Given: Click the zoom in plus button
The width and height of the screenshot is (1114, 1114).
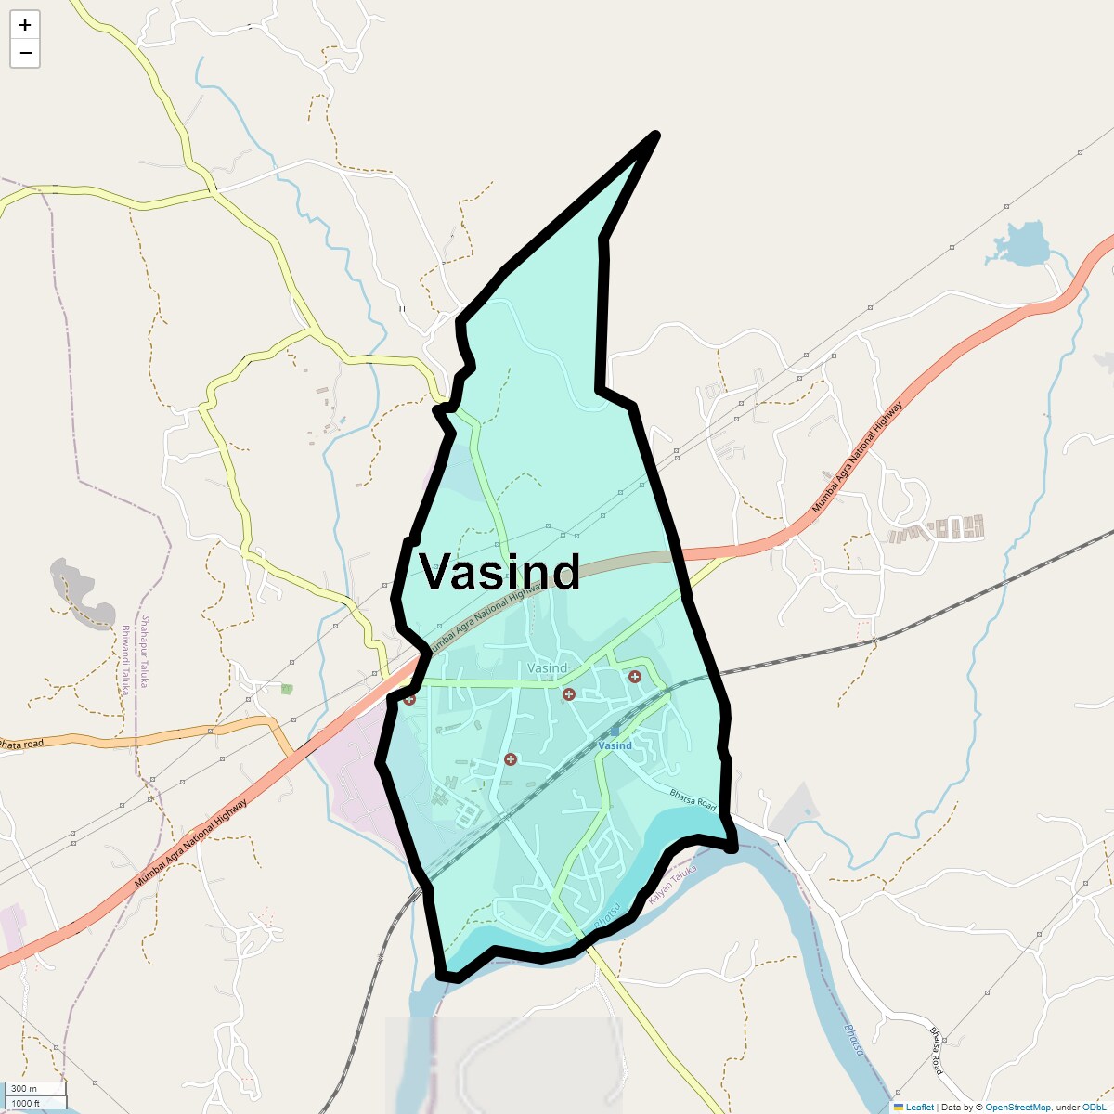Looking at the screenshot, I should coord(25,25).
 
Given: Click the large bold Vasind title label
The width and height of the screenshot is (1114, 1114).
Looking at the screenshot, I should coord(499,571).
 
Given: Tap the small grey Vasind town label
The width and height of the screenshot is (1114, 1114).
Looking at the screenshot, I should coord(547,667).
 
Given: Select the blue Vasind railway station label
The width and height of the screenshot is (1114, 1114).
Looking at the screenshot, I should coord(615,745).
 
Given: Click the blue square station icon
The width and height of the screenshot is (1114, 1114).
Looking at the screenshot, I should coord(614,732).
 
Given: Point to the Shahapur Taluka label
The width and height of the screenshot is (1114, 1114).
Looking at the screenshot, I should coord(146,650).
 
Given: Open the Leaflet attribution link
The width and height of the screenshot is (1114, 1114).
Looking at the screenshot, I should coord(919,1107).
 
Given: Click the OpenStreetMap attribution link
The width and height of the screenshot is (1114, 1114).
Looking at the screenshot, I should coord(1017,1107).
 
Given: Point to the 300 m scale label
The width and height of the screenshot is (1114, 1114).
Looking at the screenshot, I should coord(25,1089).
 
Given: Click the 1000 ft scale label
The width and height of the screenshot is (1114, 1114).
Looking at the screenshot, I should coord(26,1103).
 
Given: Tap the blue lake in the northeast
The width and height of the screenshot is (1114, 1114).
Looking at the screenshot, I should coord(1021,244).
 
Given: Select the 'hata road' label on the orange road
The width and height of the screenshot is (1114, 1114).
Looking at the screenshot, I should coord(20,744).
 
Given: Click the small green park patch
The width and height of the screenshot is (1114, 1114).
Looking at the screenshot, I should coord(287,689).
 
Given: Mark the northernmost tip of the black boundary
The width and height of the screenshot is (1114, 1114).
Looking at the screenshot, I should coord(656,136).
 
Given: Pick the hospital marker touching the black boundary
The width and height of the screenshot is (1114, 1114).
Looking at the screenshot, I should coord(409,699).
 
